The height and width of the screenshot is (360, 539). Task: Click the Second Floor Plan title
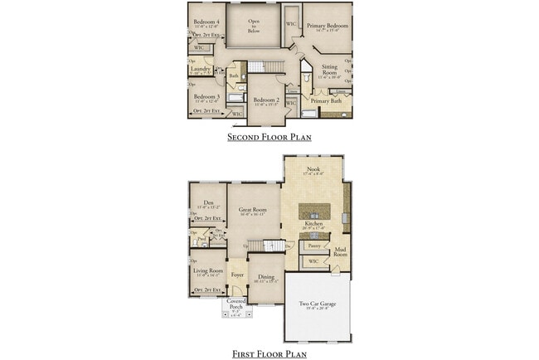269,137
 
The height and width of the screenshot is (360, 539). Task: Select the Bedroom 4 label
206,22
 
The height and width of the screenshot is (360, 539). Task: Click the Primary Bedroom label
327,26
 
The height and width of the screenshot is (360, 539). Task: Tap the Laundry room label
202,69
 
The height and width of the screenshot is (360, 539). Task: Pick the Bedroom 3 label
206,96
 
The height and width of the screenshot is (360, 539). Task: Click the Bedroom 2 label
266,100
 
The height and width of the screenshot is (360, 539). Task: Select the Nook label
314,170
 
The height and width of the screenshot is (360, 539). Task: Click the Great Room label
252,210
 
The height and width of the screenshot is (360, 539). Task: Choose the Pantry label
313,246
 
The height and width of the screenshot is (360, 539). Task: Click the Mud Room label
340,251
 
